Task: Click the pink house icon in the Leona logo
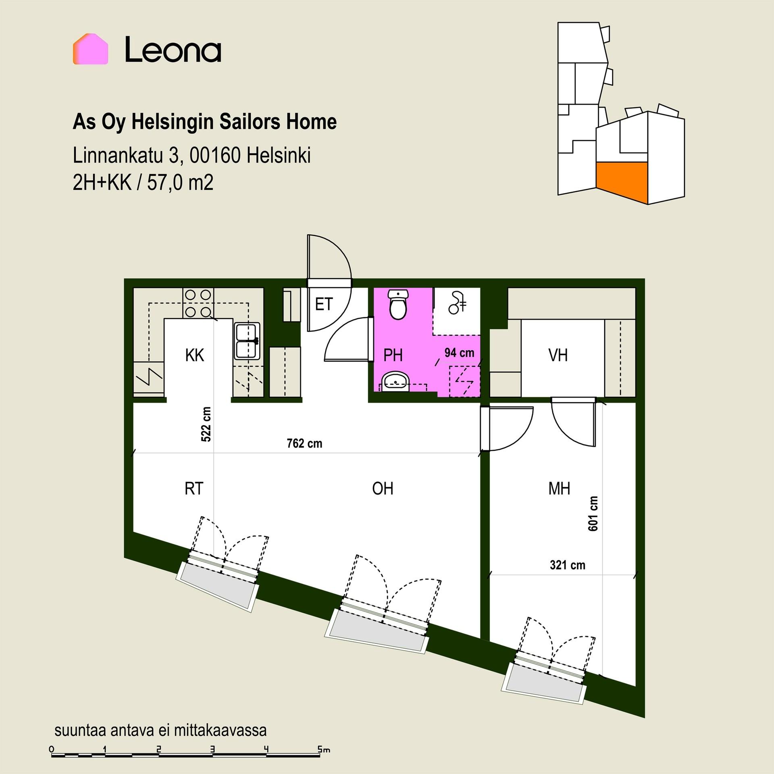[x=90, y=49]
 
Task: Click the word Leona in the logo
[x=173, y=50]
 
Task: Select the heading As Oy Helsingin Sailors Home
[x=204, y=122]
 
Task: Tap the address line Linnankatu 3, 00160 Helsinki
[x=191, y=156]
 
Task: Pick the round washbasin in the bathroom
[x=395, y=381]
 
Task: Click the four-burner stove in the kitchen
[x=198, y=303]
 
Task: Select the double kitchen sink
[x=247, y=341]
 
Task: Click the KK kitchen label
[x=195, y=356]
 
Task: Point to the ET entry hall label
[x=324, y=304]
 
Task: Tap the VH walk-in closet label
[x=558, y=356]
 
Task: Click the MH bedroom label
[x=559, y=489]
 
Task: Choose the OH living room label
[x=383, y=489]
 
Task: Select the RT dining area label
[x=194, y=489]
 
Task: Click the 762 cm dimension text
[x=304, y=444]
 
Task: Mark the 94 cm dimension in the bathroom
[x=459, y=353]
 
